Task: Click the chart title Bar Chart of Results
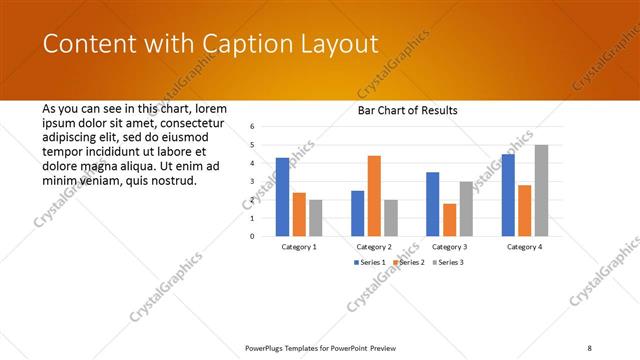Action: point(407,110)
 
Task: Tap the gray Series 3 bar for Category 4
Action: point(541,190)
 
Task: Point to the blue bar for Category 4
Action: point(508,195)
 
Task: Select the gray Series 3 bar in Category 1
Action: point(316,218)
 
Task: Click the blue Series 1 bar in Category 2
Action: point(358,213)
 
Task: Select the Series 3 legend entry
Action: point(446,262)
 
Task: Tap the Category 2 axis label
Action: point(374,246)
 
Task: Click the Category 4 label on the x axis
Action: point(524,246)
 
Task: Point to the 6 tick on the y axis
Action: point(253,127)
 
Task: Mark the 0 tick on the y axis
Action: point(253,236)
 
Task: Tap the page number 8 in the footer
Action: point(590,347)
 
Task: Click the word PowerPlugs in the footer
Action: point(268,347)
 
